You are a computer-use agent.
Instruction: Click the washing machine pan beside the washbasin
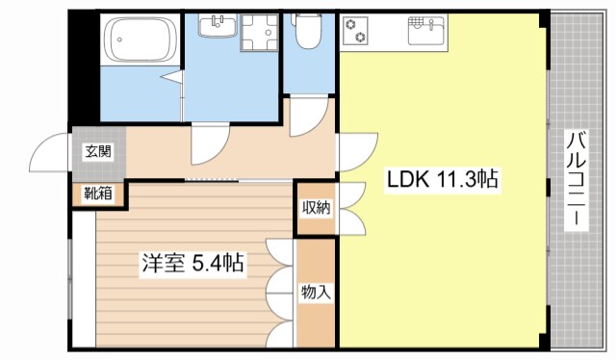click(x=256, y=33)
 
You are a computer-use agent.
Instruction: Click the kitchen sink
click(x=425, y=32)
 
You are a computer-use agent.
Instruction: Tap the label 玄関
click(x=97, y=150)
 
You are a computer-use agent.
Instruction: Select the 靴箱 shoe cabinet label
click(x=97, y=193)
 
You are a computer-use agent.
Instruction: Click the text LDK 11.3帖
click(x=443, y=180)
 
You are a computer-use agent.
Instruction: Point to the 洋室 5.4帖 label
click(x=192, y=262)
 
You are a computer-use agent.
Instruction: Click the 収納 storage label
click(x=314, y=207)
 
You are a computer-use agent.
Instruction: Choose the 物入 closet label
click(x=315, y=292)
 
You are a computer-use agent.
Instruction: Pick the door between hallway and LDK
click(x=353, y=152)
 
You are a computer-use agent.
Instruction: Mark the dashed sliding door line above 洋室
click(x=212, y=179)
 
